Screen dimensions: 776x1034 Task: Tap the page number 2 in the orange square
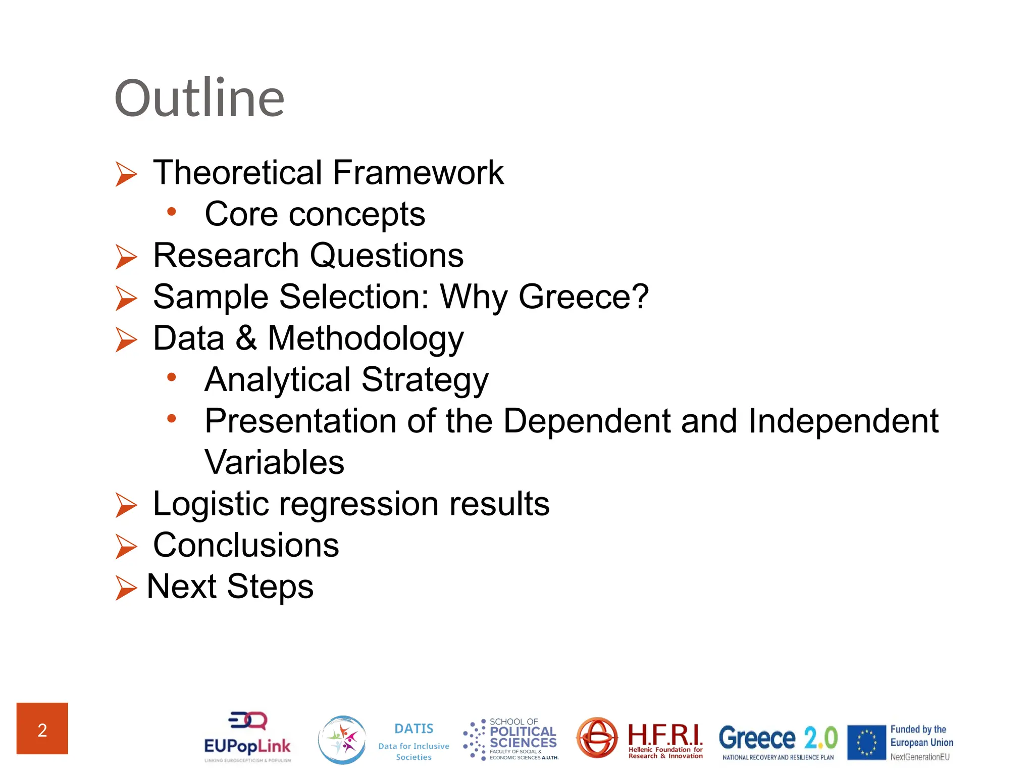[x=42, y=730]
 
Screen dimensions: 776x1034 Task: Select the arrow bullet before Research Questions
[x=126, y=257]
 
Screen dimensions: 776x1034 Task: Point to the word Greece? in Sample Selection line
[x=583, y=297]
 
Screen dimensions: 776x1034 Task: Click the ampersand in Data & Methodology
[x=246, y=338]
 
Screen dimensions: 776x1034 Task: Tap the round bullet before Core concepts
[x=172, y=212]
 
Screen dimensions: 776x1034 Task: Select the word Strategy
[x=425, y=380]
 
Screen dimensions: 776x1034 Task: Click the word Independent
[x=843, y=421]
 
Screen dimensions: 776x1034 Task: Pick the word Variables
[x=274, y=462]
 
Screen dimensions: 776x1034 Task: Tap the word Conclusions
[x=246, y=546]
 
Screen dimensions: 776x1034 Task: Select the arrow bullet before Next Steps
[x=126, y=588]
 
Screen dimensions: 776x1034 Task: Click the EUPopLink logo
[x=247, y=738]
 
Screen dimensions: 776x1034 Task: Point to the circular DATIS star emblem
[x=342, y=740]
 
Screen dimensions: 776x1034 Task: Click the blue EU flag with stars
[x=866, y=742]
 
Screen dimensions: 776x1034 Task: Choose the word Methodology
[x=365, y=338]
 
